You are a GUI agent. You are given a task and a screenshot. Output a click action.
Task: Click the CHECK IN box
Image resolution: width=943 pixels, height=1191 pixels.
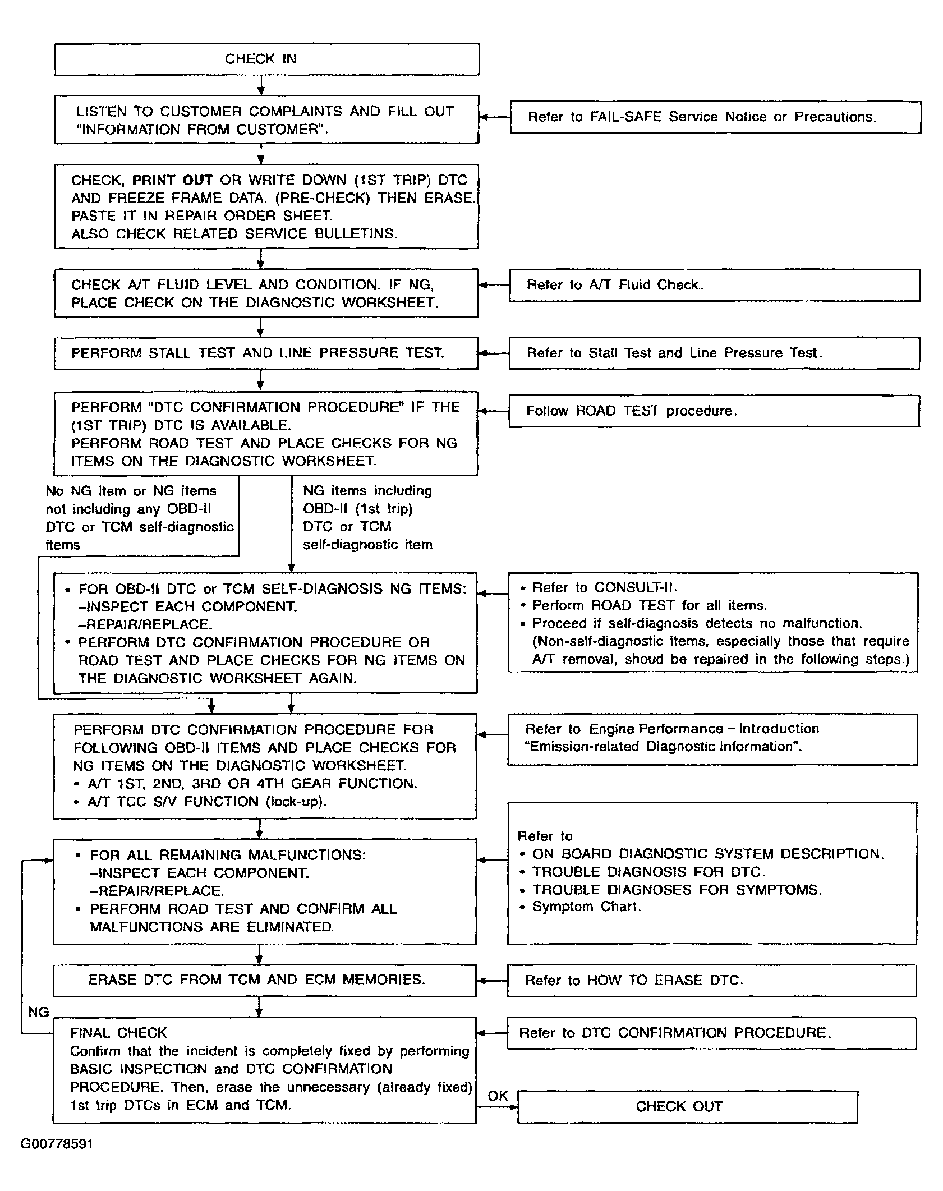(x=266, y=59)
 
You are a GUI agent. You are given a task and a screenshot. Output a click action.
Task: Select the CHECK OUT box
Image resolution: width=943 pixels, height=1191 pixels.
(x=687, y=1106)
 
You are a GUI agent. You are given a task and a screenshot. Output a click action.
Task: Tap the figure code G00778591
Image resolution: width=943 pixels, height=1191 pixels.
(x=57, y=1143)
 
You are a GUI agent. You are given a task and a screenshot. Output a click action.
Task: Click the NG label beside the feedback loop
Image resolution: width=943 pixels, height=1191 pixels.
(x=39, y=1012)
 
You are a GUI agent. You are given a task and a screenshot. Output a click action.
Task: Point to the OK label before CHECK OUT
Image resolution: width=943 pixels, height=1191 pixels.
(x=498, y=1096)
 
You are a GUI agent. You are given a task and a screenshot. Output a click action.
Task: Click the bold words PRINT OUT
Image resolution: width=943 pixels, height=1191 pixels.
(x=172, y=180)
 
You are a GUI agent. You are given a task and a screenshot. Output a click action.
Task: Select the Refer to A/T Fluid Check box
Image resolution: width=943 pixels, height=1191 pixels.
(x=714, y=285)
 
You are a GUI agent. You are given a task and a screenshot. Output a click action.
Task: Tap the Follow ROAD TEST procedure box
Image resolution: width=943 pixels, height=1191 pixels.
(x=714, y=411)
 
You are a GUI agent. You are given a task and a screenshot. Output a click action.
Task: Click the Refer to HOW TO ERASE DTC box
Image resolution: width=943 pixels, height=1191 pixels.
(x=711, y=980)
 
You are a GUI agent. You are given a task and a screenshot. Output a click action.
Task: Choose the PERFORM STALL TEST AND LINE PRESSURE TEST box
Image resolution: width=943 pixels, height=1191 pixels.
(x=266, y=353)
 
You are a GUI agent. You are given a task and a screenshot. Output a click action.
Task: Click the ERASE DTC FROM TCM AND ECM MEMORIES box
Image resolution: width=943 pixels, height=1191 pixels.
(x=264, y=980)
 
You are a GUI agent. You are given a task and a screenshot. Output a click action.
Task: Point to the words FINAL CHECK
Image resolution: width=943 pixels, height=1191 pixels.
(x=118, y=1033)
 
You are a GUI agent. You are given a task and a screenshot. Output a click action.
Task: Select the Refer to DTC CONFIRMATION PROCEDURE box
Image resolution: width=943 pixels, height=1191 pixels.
(x=711, y=1033)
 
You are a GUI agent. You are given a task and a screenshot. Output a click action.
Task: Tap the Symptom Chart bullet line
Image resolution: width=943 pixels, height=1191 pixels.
(x=586, y=907)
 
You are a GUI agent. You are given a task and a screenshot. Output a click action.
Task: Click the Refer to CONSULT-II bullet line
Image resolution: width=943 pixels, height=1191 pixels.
(x=604, y=587)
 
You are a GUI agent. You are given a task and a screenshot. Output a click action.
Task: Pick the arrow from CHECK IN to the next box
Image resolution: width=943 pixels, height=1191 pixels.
(x=261, y=85)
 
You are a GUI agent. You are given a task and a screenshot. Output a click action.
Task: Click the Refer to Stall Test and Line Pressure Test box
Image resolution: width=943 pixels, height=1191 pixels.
(x=714, y=353)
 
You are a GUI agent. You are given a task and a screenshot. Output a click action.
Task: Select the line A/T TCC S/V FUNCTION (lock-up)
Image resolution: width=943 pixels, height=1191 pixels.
(x=206, y=802)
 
